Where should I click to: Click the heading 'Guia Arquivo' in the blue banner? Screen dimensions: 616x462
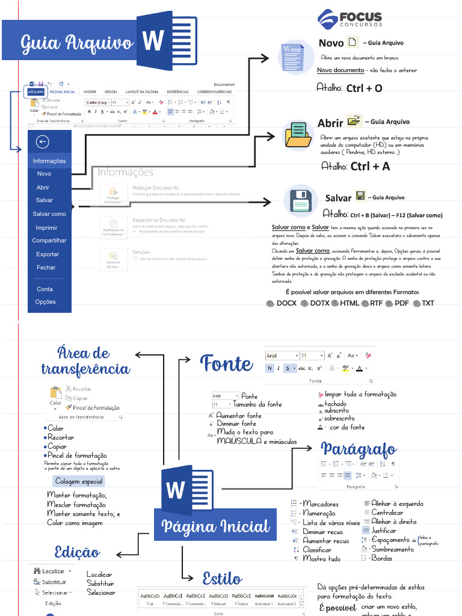(77, 43)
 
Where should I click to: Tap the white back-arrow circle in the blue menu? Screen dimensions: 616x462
(42, 142)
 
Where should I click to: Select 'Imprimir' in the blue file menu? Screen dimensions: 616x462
(46, 228)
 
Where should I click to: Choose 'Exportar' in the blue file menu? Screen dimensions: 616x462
(47, 254)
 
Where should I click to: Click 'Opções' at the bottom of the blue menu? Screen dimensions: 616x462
(45, 302)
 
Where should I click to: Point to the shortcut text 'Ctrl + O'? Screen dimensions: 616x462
(364, 88)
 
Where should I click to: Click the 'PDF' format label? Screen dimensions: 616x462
(401, 303)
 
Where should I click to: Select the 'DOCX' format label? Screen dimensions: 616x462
(286, 303)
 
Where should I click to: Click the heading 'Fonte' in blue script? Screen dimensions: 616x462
(226, 363)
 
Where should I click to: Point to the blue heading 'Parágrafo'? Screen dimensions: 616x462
(359, 449)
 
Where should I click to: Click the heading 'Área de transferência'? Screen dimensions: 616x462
(85, 361)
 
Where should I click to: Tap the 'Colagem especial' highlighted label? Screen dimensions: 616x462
(79, 481)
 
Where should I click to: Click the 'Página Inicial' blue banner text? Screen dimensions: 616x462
(215, 528)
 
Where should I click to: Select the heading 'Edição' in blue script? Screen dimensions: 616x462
(77, 552)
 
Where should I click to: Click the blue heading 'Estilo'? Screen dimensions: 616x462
(222, 579)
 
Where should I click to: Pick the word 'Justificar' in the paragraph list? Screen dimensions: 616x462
(384, 531)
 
